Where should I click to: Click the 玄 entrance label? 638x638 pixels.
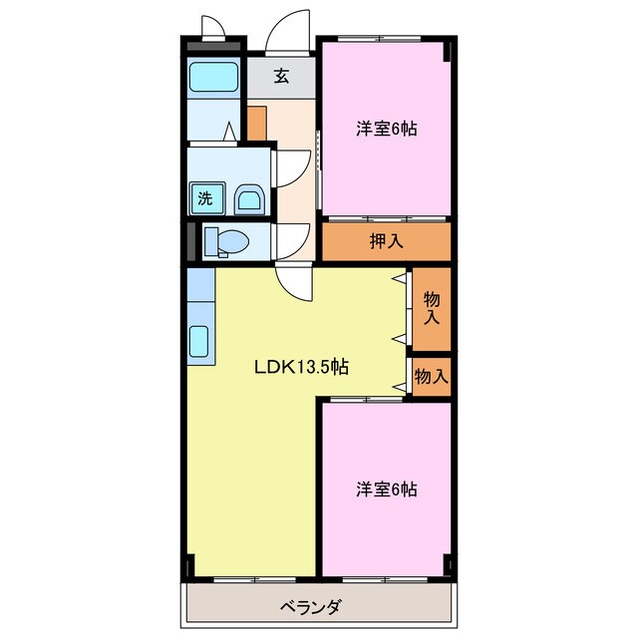tap(282, 76)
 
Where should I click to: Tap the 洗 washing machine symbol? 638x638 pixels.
tap(204, 197)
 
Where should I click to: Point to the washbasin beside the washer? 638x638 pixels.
tap(249, 199)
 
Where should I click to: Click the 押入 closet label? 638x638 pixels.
tap(386, 240)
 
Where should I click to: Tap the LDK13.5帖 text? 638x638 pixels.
tap(299, 366)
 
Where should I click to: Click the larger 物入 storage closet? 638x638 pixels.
tap(432, 308)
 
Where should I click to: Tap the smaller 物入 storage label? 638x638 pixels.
tap(432, 377)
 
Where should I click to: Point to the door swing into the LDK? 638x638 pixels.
tap(296, 285)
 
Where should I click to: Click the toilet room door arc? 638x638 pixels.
tap(292, 239)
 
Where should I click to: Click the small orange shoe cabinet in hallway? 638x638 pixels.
tap(256, 122)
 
